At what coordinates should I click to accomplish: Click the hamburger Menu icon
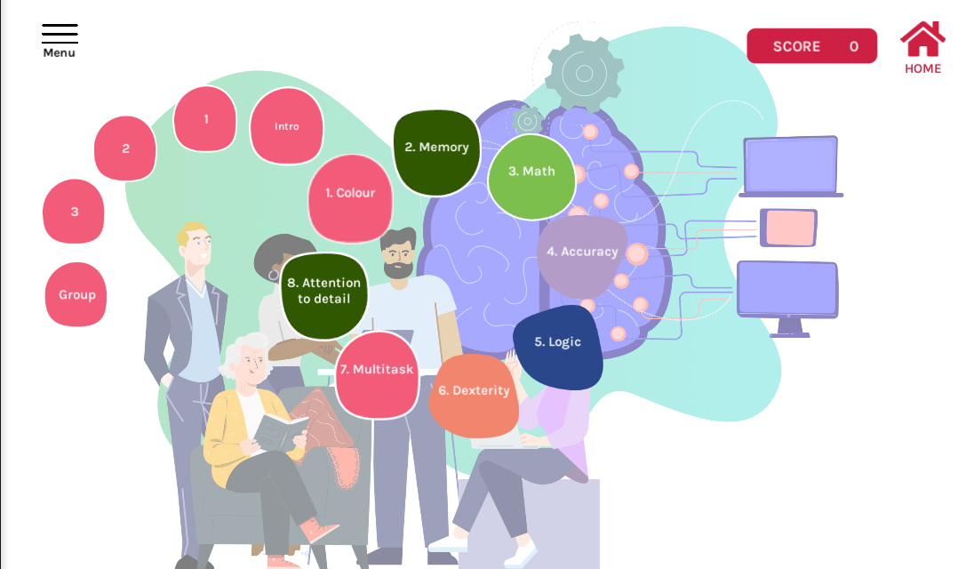[x=60, y=34]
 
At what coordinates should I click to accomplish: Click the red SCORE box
[x=811, y=46]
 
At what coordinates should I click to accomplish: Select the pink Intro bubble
[x=286, y=125]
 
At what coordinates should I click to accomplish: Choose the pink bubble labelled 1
[x=205, y=119]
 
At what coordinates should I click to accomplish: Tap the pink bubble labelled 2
[x=125, y=148]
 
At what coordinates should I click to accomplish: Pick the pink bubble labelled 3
[x=74, y=212]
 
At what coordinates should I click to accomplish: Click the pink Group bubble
[x=76, y=294]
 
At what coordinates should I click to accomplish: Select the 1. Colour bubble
[x=350, y=198]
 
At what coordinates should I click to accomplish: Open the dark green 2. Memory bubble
[x=437, y=152]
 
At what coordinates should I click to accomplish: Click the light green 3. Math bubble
[x=531, y=177]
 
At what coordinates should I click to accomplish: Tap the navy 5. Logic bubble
[x=557, y=347]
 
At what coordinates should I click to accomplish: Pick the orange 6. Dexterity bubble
[x=474, y=395]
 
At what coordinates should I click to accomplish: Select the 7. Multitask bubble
[x=377, y=375]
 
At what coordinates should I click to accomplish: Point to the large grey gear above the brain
[x=584, y=74]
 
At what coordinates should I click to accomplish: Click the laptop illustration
[x=791, y=166]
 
